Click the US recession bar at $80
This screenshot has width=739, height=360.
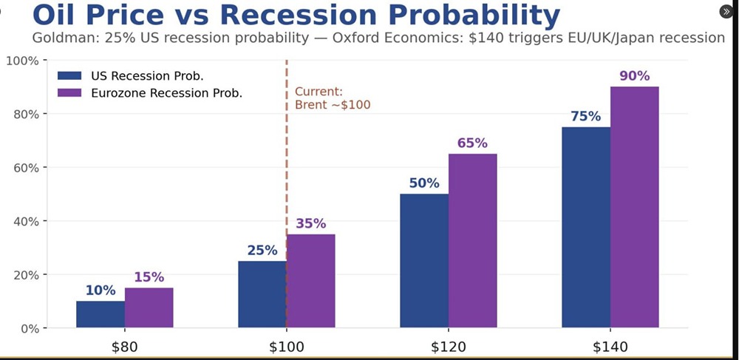pyautogui.click(x=100, y=314)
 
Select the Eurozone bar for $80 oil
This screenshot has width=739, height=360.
pyautogui.click(x=149, y=308)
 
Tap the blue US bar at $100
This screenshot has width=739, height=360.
pyautogui.click(x=262, y=294)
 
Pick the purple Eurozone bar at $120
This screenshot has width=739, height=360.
pyautogui.click(x=472, y=240)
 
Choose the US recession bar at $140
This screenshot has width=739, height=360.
pyautogui.click(x=586, y=227)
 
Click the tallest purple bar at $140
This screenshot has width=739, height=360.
pyautogui.click(x=634, y=207)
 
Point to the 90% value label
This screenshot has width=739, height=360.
pyautogui.click(x=634, y=76)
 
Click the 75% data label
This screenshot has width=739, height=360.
pyautogui.click(x=586, y=117)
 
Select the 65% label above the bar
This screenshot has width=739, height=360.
pyautogui.click(x=472, y=143)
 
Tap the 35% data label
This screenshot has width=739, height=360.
pyautogui.click(x=310, y=224)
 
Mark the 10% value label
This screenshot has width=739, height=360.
pyautogui.click(x=100, y=291)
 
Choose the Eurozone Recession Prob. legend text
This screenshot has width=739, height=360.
pyautogui.click(x=166, y=93)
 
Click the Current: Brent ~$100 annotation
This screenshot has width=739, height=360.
pyautogui.click(x=333, y=98)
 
